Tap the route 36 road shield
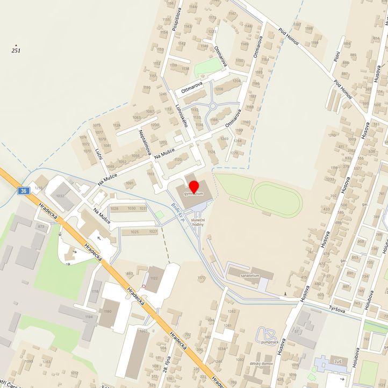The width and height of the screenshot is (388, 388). (23, 191)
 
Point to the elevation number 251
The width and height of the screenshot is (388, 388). (17, 50)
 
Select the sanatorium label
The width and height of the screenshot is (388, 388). (250, 276)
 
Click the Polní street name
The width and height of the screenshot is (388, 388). (336, 53)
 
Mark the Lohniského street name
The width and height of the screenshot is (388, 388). (181, 114)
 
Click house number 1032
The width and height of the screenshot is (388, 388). (60, 196)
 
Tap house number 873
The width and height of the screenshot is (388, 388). (41, 227)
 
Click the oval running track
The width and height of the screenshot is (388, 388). (277, 199)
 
